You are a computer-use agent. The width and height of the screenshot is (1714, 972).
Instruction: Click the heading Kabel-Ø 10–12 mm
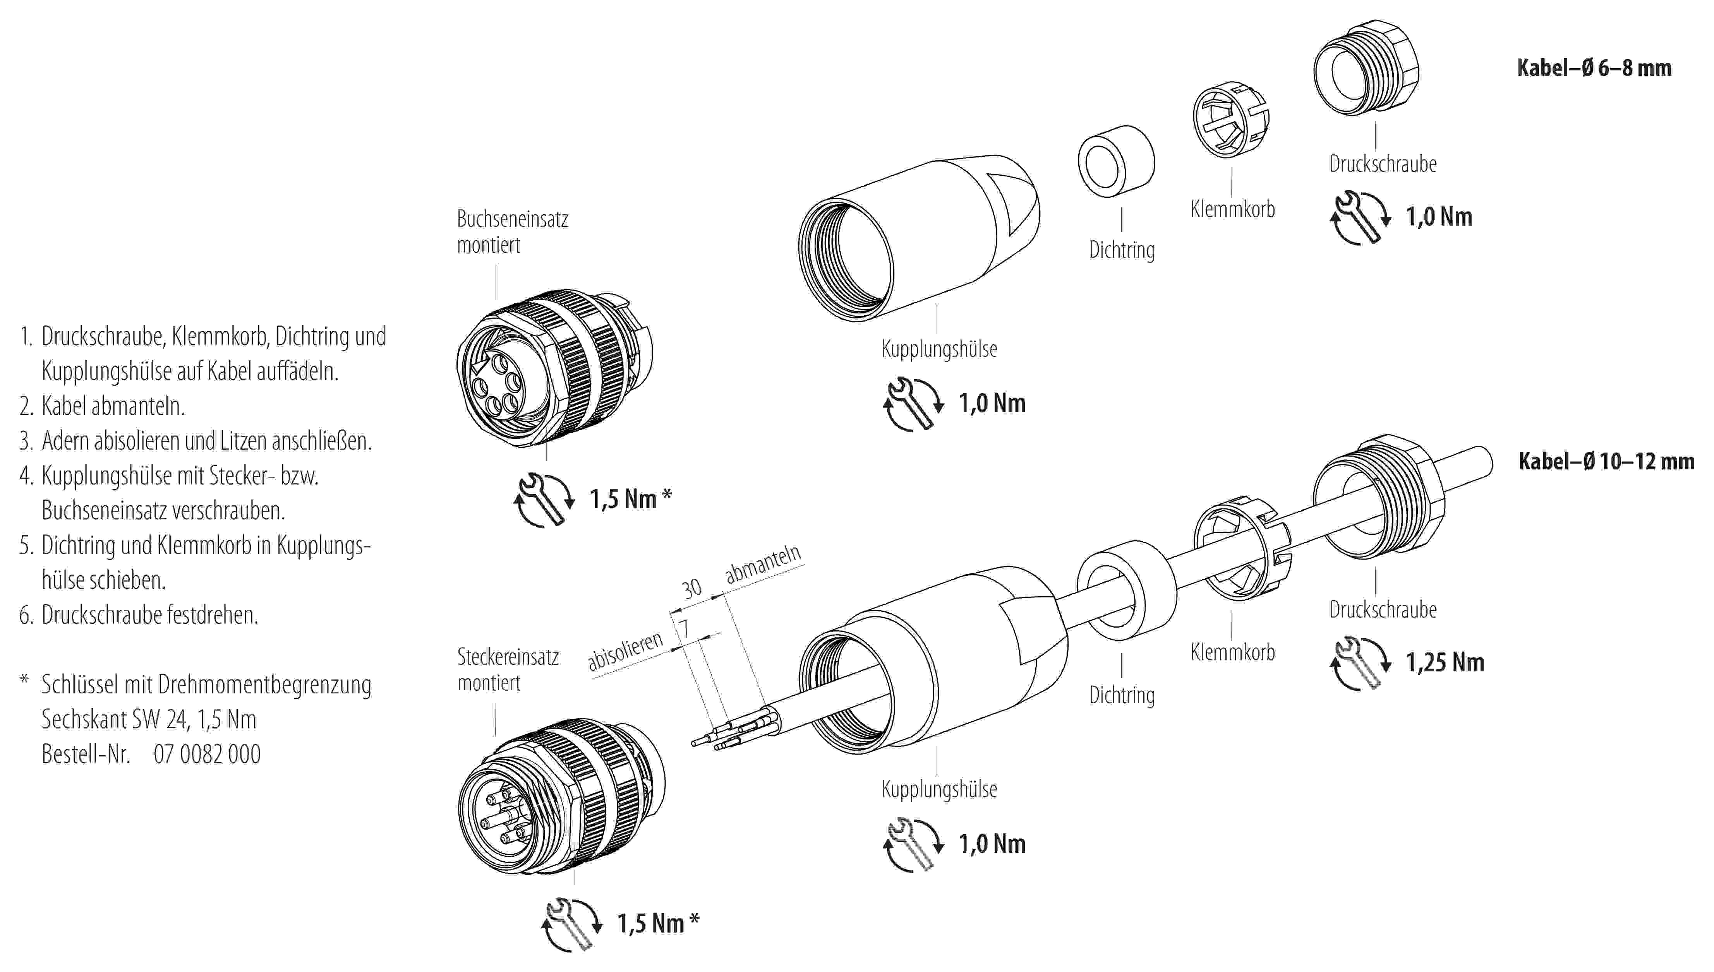[1606, 461]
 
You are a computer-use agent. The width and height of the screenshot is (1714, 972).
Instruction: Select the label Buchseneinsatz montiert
[512, 232]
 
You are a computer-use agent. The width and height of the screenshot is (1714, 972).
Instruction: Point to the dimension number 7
[684, 628]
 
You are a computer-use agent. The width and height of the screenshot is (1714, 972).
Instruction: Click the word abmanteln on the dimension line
[763, 564]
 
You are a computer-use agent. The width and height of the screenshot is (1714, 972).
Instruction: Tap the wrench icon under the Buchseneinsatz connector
[544, 500]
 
